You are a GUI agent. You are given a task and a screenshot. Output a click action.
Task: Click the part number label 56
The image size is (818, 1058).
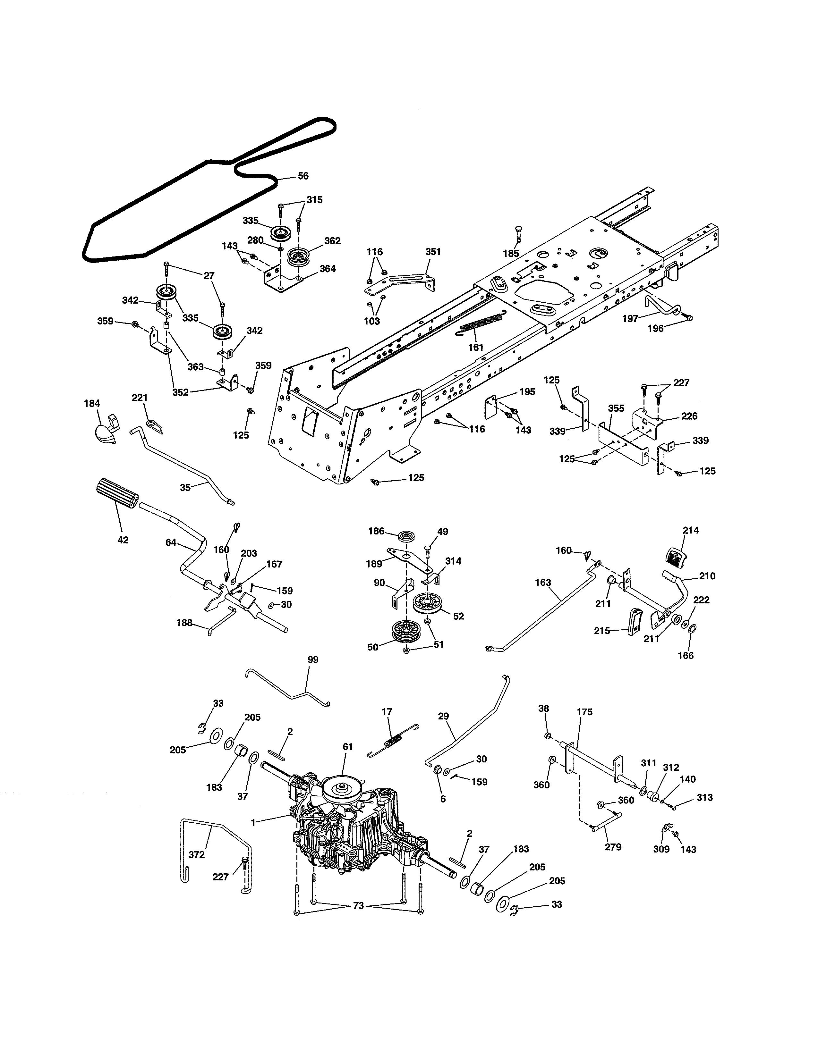click(x=303, y=176)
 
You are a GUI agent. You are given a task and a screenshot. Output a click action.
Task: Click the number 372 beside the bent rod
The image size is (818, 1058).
click(x=196, y=854)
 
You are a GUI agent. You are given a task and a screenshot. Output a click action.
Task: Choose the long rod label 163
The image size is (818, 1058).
click(x=543, y=582)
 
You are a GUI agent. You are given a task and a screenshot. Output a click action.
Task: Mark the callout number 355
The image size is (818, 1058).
click(x=616, y=408)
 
